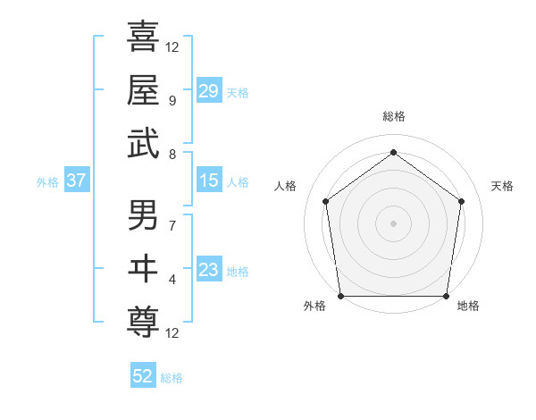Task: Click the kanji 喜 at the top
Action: tap(143, 37)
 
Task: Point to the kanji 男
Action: tap(143, 216)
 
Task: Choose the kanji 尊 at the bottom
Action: tap(143, 320)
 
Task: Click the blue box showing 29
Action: tap(209, 90)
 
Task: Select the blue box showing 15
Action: tap(209, 181)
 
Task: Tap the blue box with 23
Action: tap(209, 270)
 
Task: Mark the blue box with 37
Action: tap(76, 181)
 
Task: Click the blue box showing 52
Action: tap(143, 376)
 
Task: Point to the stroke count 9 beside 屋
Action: tap(172, 99)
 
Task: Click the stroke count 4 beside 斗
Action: tap(172, 280)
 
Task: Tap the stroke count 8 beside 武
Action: tap(172, 154)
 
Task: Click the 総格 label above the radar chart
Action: tap(393, 117)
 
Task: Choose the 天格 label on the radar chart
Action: tap(502, 186)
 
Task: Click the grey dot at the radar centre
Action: tap(393, 223)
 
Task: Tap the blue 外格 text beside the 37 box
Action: tap(47, 182)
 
